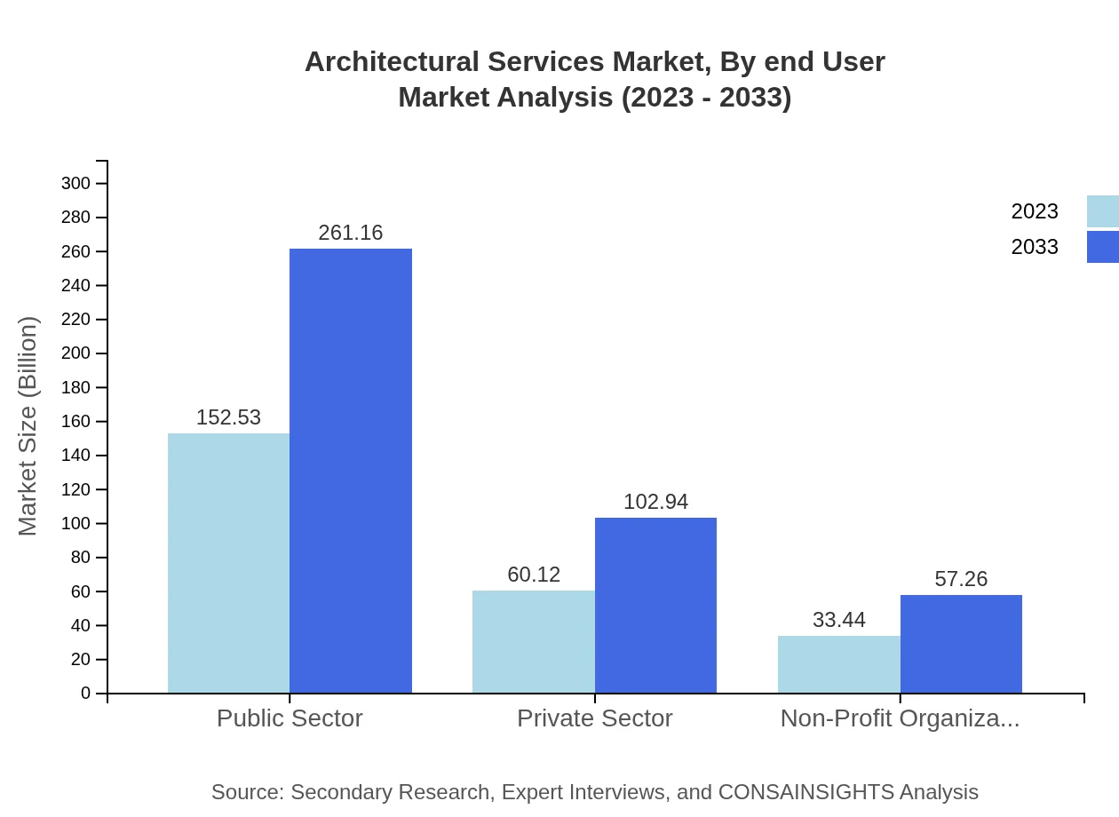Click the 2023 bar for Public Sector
click(x=228, y=563)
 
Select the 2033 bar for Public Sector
click(x=351, y=471)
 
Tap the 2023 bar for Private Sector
click(x=533, y=641)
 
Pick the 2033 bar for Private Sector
click(x=655, y=605)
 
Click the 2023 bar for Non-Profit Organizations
click(x=838, y=664)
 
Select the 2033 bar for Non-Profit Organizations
click(x=961, y=644)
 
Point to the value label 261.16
click(x=351, y=233)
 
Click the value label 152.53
click(x=228, y=417)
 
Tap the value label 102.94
click(x=655, y=502)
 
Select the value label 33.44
click(x=838, y=620)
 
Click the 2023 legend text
click(x=1035, y=211)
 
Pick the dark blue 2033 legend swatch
click(x=1103, y=247)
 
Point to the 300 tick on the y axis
click(x=75, y=184)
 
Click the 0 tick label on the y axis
click(x=86, y=693)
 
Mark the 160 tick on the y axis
click(x=75, y=422)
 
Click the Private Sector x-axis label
click(x=594, y=718)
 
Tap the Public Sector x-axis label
click(x=290, y=718)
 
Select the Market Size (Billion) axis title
click(x=28, y=426)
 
